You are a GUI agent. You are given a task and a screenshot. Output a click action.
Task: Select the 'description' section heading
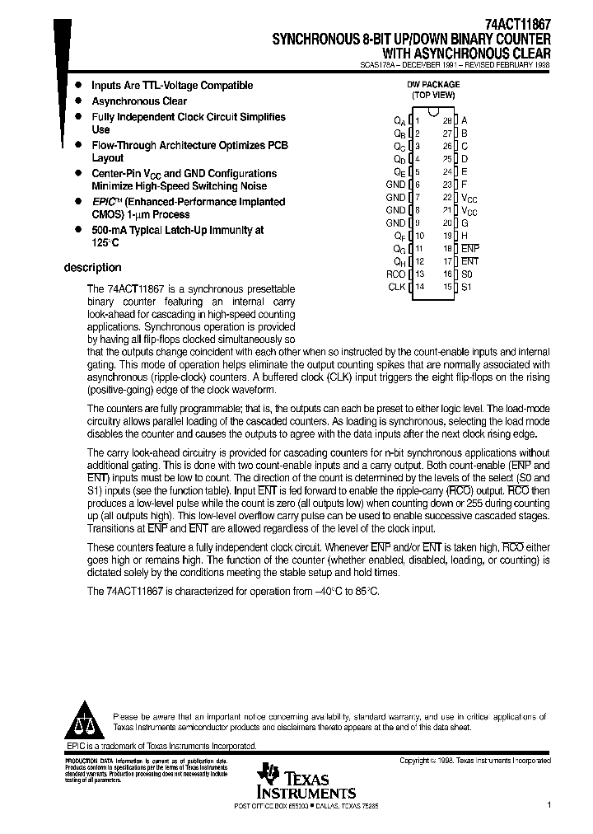click(x=92, y=268)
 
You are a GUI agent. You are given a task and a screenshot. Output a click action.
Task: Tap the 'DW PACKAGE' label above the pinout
click(x=433, y=84)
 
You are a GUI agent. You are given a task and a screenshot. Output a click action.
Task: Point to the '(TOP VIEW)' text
click(x=433, y=95)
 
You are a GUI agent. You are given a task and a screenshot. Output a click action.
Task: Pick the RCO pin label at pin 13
click(x=395, y=274)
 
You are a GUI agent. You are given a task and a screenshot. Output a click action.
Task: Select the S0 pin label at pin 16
click(x=467, y=274)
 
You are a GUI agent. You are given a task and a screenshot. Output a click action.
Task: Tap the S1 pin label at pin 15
click(x=467, y=287)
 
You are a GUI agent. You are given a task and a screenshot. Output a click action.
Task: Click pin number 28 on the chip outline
click(x=447, y=120)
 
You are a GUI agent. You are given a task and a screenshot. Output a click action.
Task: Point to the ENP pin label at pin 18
click(x=469, y=248)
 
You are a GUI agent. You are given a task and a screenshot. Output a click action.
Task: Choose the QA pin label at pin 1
click(x=399, y=120)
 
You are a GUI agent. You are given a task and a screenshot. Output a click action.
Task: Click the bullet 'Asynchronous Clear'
click(x=138, y=101)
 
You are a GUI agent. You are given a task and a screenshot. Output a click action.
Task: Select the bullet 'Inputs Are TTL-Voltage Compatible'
click(x=171, y=86)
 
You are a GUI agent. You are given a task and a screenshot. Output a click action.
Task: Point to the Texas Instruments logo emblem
click(x=268, y=774)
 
